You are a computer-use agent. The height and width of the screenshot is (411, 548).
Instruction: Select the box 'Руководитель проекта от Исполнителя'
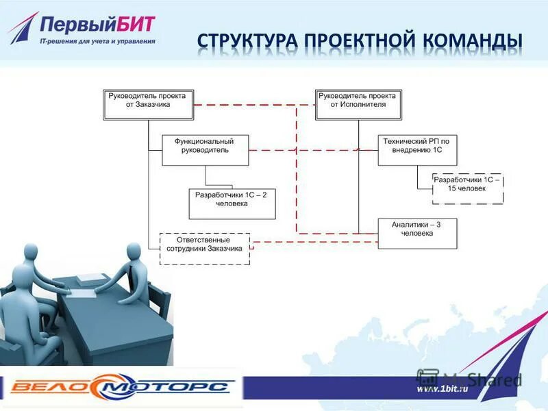click(x=358, y=105)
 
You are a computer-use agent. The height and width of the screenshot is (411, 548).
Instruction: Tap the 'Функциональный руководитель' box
click(x=205, y=149)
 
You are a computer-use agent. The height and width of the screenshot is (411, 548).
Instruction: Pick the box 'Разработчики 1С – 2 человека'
click(x=232, y=203)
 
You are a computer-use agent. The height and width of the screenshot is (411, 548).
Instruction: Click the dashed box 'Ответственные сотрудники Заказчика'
click(x=205, y=249)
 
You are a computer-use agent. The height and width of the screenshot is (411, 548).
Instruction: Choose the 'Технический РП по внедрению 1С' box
click(x=417, y=149)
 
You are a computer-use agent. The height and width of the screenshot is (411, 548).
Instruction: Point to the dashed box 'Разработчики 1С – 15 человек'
click(x=467, y=188)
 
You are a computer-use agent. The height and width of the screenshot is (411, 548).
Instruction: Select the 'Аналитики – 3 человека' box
click(x=417, y=233)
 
